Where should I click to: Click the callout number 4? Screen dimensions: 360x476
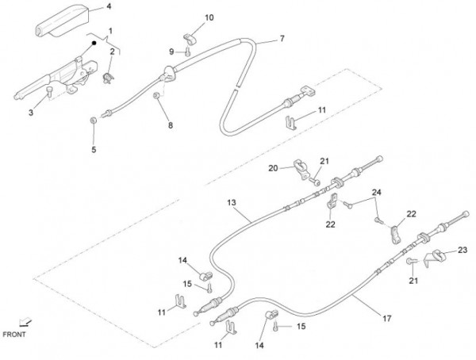pyautogui.click(x=109, y=7)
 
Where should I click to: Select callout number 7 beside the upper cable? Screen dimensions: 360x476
pyautogui.click(x=282, y=38)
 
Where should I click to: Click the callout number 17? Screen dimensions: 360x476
pyautogui.click(x=387, y=319)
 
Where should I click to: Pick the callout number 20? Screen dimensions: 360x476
pyautogui.click(x=272, y=168)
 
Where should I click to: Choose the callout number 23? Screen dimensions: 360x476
pyautogui.click(x=463, y=250)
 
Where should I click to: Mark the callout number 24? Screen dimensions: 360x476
pyautogui.click(x=377, y=193)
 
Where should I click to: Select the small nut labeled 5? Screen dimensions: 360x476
pyautogui.click(x=94, y=119)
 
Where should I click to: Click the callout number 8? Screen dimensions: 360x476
pyautogui.click(x=169, y=125)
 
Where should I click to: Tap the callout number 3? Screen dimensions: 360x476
pyautogui.click(x=31, y=113)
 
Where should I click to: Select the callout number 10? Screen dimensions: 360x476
pyautogui.click(x=187, y=17)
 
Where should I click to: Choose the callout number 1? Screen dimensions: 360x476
pyautogui.click(x=110, y=30)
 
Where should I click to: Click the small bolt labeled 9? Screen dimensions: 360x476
pyautogui.click(x=187, y=52)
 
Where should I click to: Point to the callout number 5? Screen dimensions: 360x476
pyautogui.click(x=93, y=149)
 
